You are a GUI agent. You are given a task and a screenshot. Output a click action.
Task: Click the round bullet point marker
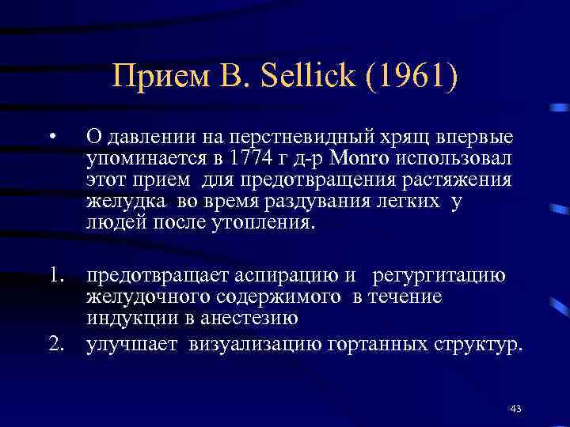(x=50, y=140)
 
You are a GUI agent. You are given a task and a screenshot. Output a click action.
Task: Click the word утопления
(x=272, y=222)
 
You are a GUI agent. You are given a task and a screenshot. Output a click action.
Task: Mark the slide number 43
(x=516, y=408)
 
